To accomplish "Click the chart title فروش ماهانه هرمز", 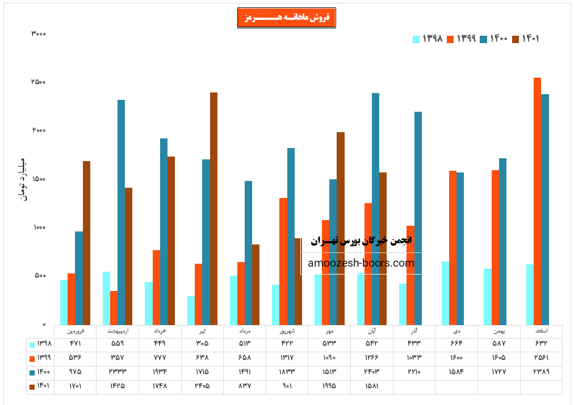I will point(287,18).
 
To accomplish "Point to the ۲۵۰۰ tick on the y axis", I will point(38,82).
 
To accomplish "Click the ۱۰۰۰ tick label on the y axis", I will point(38,227).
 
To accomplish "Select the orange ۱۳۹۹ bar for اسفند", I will point(537,201).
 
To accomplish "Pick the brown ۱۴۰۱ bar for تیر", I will point(213,208).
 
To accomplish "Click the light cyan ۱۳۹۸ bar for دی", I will point(445,293).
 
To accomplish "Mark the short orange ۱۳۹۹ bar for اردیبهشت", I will point(114,307).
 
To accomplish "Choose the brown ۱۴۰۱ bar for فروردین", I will point(86,242).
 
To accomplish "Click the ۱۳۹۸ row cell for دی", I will point(456,344).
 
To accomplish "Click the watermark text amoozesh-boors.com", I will point(361,263).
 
